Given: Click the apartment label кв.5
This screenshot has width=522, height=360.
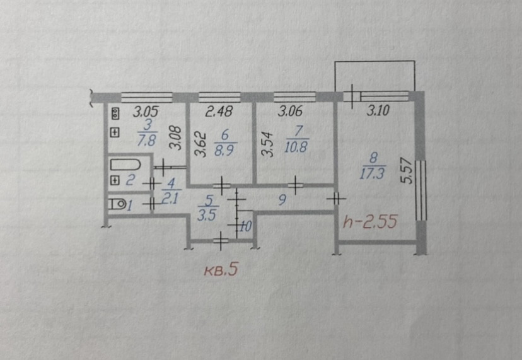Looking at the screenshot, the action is tap(223, 271).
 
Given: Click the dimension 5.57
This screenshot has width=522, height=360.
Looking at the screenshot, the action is tap(407, 171).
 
